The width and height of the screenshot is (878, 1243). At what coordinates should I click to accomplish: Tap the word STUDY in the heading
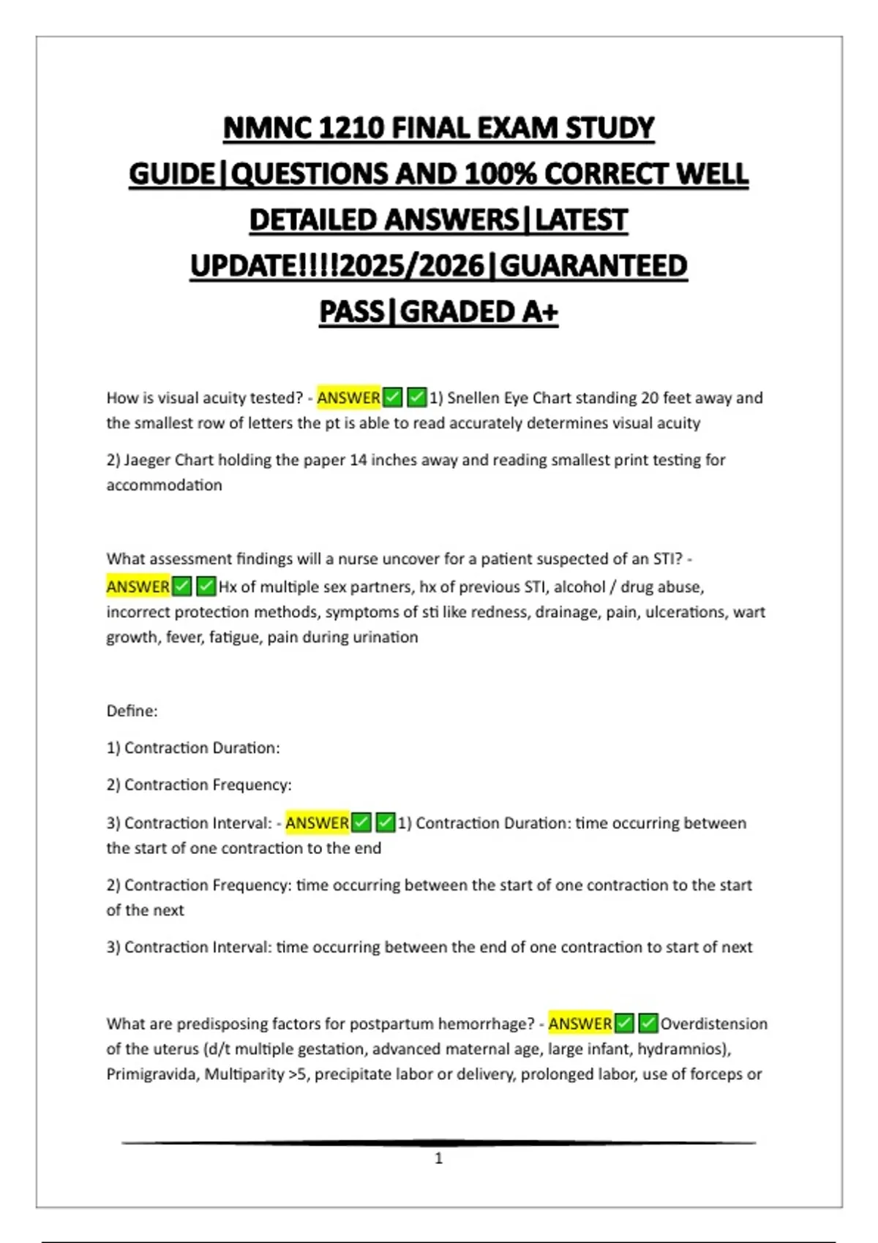(609, 129)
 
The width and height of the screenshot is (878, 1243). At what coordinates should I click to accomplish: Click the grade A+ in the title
(540, 312)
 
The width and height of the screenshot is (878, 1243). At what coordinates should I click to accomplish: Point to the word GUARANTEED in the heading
(593, 266)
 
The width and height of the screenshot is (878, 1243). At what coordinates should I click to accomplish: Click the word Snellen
(473, 398)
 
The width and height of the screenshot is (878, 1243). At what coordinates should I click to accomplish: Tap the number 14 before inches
(358, 460)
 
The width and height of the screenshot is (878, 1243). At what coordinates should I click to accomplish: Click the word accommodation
(164, 485)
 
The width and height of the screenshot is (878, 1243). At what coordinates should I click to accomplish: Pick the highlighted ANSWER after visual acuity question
(348, 398)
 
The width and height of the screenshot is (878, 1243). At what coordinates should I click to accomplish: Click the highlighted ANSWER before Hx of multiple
(138, 586)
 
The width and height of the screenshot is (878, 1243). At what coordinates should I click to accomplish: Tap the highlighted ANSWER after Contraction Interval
(317, 823)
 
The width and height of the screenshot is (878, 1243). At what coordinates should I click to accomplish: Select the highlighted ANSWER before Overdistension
(579, 1024)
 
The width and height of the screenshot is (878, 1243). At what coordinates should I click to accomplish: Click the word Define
(132, 711)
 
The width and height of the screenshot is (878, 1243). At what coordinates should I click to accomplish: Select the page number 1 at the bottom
(438, 1158)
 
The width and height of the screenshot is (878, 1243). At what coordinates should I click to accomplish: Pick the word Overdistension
(713, 1024)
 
